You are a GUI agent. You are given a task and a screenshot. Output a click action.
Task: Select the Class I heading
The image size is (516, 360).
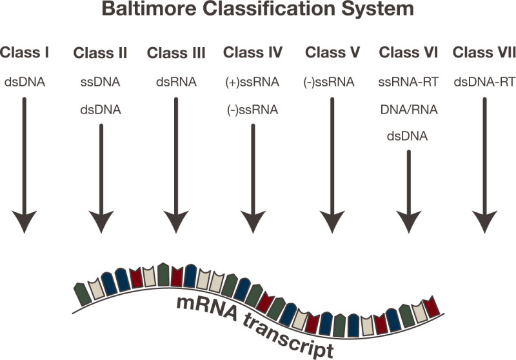(25, 52)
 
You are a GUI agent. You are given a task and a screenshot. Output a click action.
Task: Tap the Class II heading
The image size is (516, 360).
(101, 52)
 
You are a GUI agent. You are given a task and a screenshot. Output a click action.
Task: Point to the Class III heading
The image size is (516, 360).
(176, 52)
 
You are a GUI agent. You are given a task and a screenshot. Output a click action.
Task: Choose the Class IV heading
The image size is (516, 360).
(252, 52)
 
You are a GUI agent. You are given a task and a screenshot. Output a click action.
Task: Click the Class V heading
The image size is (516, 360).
(332, 52)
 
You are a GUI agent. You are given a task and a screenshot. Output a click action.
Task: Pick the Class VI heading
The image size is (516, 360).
(408, 52)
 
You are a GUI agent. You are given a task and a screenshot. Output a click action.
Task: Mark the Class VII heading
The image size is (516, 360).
(484, 52)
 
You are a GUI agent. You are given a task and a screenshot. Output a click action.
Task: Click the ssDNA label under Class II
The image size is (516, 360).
(101, 83)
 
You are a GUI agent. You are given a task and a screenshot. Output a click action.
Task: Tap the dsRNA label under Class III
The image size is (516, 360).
(176, 83)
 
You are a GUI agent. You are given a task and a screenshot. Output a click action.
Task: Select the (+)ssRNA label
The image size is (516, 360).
(252, 83)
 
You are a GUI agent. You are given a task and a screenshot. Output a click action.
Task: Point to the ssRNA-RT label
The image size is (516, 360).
(408, 83)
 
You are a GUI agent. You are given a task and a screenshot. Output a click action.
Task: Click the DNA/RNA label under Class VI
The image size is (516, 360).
(408, 110)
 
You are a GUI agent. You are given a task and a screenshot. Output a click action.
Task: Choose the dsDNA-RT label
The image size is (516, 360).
(484, 83)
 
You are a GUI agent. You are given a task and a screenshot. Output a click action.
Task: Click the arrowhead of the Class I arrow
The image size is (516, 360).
(25, 221)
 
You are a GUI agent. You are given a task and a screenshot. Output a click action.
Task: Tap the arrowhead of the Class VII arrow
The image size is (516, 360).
(484, 221)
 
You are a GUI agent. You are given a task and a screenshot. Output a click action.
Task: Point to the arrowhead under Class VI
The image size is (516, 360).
(408, 221)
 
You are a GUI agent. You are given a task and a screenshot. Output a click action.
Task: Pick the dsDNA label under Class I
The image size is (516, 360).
(25, 83)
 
